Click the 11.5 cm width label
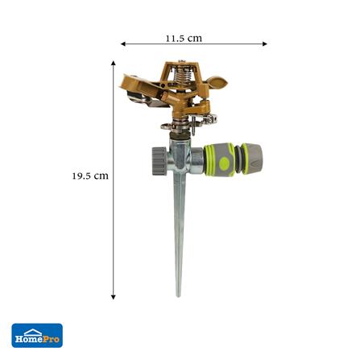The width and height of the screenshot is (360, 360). (184, 38)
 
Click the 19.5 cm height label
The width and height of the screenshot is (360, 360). (89, 176)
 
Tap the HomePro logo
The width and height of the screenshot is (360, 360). (37, 335)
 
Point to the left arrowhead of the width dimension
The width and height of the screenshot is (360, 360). (123, 44)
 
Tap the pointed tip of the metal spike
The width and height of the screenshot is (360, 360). (179, 293)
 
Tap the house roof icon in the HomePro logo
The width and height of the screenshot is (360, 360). (33, 329)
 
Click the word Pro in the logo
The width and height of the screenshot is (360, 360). (50, 339)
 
